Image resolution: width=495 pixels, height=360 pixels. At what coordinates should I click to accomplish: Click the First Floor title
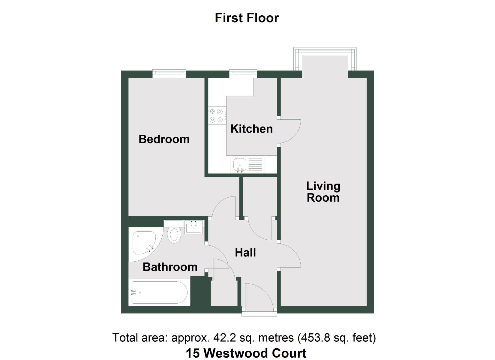tap(247, 18)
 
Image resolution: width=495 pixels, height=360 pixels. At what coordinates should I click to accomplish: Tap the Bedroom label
tap(164, 139)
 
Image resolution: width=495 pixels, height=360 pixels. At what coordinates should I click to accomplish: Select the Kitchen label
tap(251, 129)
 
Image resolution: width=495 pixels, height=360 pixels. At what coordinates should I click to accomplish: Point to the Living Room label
tap(323, 192)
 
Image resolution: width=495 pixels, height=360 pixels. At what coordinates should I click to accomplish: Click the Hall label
tap(245, 253)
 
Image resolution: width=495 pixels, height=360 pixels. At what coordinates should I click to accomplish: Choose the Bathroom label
tap(170, 267)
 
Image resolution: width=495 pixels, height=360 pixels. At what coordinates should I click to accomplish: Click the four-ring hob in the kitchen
tap(216, 116)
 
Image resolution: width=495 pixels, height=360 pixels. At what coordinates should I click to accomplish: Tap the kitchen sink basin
tap(240, 165)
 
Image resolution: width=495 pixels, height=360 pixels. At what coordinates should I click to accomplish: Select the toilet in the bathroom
tap(174, 235)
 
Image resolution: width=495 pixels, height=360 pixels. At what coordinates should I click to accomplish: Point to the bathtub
tap(160, 293)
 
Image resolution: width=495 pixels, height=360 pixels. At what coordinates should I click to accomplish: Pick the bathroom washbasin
tap(193, 228)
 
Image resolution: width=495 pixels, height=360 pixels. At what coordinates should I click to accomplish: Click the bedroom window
tap(169, 73)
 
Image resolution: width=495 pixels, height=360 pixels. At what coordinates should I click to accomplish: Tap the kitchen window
tap(243, 73)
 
